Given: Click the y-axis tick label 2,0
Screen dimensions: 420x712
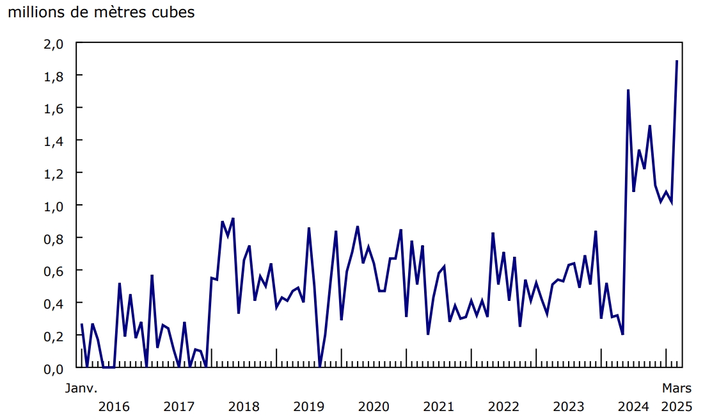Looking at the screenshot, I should [x=54, y=44].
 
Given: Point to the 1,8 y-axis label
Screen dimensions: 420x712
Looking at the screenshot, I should [x=54, y=76].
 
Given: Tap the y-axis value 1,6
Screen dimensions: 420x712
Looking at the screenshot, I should [x=54, y=108].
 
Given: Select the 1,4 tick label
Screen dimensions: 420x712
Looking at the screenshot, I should [x=54, y=141].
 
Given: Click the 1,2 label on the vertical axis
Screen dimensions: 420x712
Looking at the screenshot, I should [x=54, y=174].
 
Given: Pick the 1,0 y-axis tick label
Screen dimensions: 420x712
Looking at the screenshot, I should [x=54, y=206].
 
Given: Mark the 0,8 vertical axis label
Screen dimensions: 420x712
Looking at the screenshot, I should [x=54, y=238].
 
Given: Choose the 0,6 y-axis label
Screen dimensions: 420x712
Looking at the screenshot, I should [x=54, y=271].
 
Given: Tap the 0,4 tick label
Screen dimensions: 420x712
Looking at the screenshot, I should [x=54, y=303].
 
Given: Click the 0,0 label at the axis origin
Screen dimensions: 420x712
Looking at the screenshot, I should [x=54, y=369].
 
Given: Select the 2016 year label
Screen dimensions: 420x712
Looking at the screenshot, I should [x=115, y=407].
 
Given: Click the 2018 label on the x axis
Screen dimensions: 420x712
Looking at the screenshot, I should [x=244, y=407].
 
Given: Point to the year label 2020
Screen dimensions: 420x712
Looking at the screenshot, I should [x=374, y=407].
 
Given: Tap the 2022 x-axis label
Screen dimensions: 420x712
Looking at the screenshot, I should [x=503, y=407].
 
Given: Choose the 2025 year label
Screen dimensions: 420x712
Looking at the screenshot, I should [x=677, y=407].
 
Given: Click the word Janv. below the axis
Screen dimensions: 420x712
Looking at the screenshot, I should [x=81, y=388].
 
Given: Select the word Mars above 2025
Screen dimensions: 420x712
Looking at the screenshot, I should [x=677, y=388].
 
